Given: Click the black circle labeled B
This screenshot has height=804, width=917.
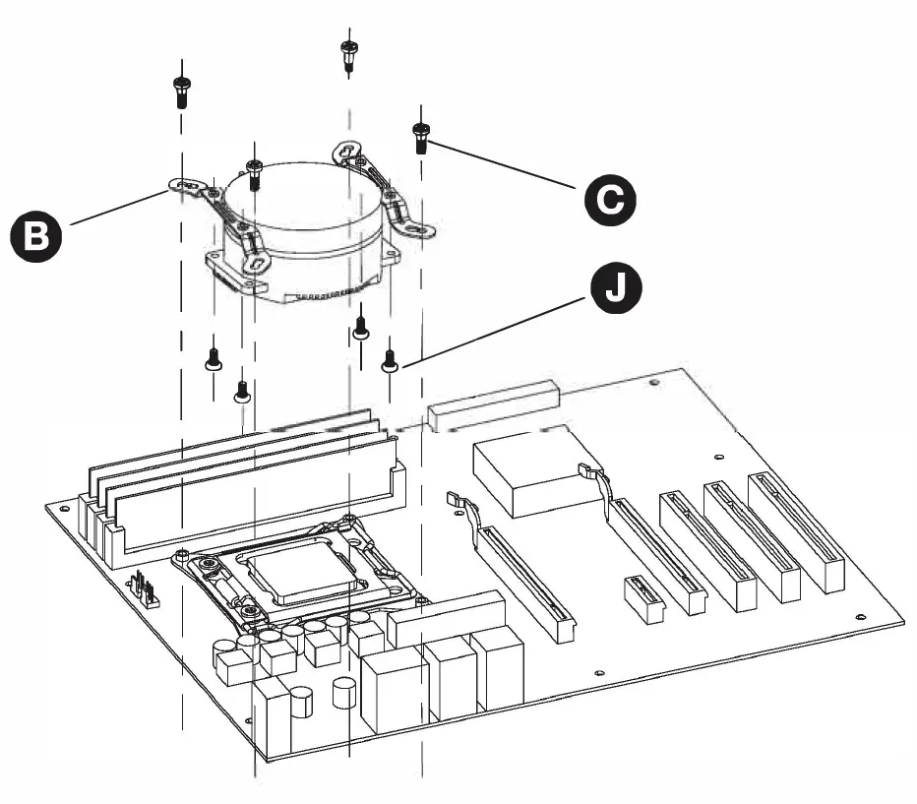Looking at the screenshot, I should coord(34,237).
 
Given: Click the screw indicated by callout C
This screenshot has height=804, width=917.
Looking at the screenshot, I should coord(421,137).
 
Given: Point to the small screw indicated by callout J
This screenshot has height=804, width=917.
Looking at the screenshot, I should coord(389,360).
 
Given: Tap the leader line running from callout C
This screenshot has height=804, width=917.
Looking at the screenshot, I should coord(502,165).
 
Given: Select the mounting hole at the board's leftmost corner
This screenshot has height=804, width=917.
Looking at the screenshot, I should coord(64,509).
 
